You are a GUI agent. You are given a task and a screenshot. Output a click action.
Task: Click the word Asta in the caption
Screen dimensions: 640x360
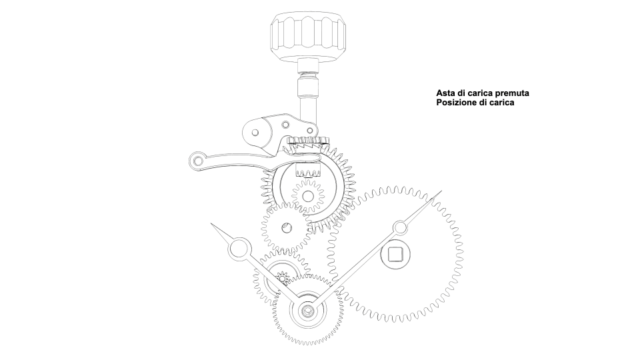(445, 93)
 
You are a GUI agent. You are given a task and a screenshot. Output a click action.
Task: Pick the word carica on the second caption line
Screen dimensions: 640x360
(501, 103)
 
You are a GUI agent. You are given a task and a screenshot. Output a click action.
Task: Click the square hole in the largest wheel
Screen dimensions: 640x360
(395, 255)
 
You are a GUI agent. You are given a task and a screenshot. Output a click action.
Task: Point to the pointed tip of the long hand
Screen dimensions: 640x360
(441, 191)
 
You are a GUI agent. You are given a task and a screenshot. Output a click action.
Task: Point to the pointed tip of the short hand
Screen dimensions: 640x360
(211, 224)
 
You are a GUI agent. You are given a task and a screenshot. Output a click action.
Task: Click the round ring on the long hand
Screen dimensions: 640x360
(400, 228)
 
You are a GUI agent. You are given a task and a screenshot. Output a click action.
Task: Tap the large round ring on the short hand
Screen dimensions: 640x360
(239, 249)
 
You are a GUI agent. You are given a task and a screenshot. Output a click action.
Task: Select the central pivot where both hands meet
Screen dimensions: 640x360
(307, 311)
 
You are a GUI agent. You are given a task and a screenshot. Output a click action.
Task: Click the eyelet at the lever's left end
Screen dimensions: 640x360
(197, 160)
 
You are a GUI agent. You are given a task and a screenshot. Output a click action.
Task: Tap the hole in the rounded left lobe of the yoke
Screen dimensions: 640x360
(255, 133)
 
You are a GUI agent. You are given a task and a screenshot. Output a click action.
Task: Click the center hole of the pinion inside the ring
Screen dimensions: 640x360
(308, 197)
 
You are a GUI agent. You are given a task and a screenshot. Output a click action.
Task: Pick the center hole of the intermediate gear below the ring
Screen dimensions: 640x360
(287, 227)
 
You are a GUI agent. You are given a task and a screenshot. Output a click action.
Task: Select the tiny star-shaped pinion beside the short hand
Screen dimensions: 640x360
(282, 279)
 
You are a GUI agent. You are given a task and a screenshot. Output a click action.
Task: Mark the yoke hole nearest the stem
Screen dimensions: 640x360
(310, 131)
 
